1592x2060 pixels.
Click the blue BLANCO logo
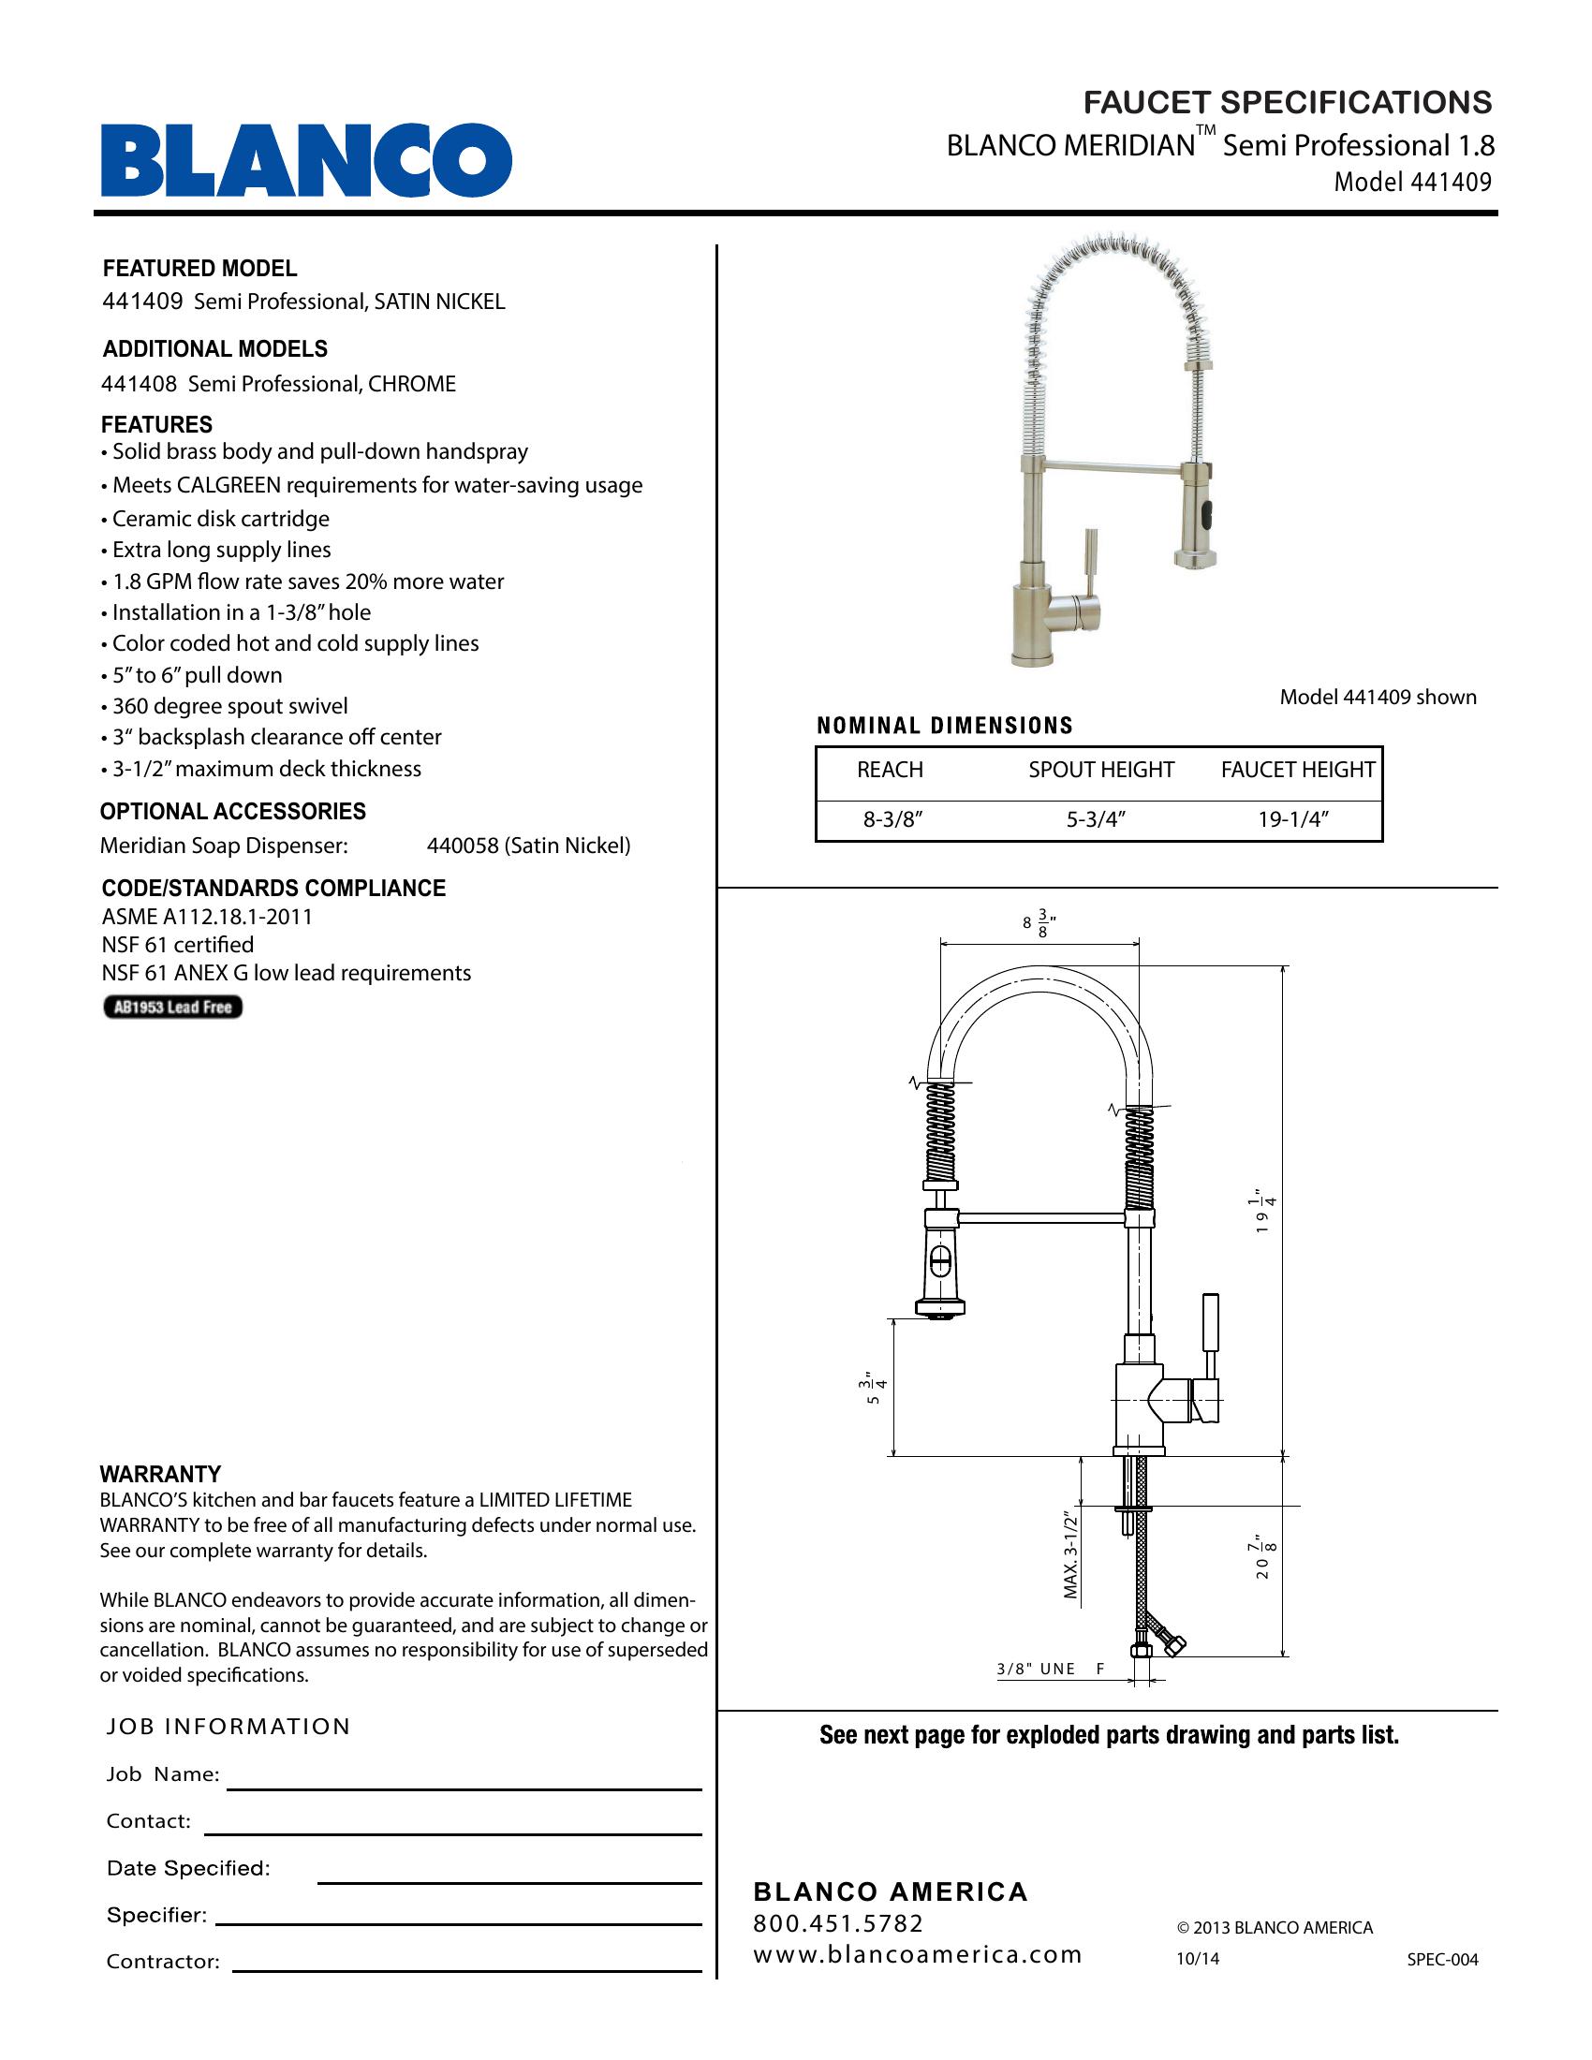click(306, 159)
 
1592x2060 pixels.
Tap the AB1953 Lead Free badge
click(172, 1008)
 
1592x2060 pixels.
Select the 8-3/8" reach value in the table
click(892, 819)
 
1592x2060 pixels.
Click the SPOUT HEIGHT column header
click(1100, 770)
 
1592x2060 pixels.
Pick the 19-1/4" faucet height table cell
click(1293, 819)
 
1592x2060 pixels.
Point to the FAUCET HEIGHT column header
click(1298, 770)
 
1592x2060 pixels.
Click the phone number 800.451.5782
click(838, 1923)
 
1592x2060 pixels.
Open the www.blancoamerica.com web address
click(917, 1954)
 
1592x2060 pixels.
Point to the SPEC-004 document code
click(1442, 1959)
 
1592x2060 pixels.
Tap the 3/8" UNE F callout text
click(1050, 1669)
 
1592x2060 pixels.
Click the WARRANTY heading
click(160, 1473)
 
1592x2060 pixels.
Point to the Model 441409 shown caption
click(1377, 697)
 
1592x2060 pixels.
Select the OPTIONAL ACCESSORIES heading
click(233, 811)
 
